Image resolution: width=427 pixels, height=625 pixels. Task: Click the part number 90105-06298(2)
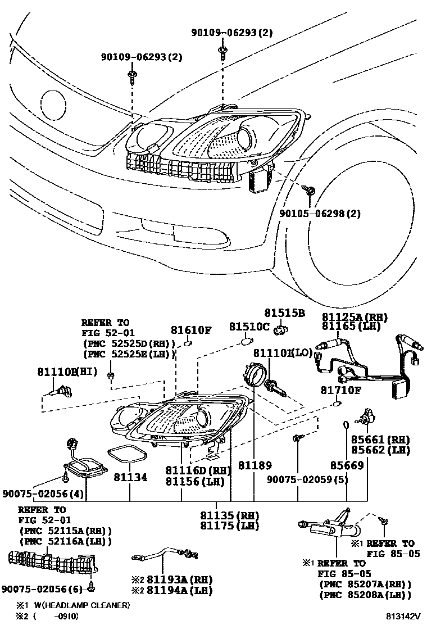pyautogui.click(x=320, y=213)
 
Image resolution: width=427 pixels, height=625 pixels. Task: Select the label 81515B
pyautogui.click(x=285, y=312)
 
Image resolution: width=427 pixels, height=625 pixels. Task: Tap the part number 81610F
pyautogui.click(x=191, y=330)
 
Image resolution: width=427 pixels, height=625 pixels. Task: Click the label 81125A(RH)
pyautogui.click(x=355, y=317)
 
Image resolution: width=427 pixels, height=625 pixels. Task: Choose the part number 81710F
pyautogui.click(x=341, y=390)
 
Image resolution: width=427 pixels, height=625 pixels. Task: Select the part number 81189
pyautogui.click(x=255, y=465)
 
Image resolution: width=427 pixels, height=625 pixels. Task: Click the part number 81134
pyautogui.click(x=130, y=477)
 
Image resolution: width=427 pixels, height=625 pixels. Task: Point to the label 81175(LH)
pyautogui.click(x=230, y=526)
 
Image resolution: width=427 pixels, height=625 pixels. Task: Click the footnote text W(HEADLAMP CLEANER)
pyautogui.click(x=81, y=605)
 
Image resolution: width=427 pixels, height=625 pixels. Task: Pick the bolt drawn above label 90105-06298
pyautogui.click(x=310, y=192)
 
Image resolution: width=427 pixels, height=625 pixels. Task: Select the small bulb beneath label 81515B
pyautogui.click(x=276, y=330)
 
